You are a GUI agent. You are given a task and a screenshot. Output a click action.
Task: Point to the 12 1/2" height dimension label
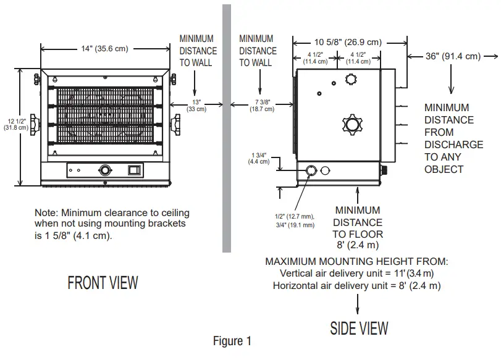click(13, 124)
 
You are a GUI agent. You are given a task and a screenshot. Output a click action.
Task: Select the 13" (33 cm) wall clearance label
click(197, 104)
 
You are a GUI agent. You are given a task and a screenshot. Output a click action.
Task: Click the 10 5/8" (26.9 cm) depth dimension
click(348, 42)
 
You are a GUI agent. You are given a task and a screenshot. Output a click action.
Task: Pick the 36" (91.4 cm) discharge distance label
click(453, 56)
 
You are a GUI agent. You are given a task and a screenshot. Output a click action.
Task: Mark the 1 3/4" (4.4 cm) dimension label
click(259, 157)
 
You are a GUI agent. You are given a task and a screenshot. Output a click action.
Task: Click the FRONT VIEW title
click(103, 283)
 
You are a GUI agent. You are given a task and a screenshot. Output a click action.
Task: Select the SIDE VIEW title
click(359, 327)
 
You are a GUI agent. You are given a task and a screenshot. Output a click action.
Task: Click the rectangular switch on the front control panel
click(134, 170)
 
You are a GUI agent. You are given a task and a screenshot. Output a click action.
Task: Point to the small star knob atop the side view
click(352, 79)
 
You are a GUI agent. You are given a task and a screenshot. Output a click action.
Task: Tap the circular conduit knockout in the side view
click(311, 170)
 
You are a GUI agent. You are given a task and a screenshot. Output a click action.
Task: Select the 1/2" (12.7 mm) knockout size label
click(295, 216)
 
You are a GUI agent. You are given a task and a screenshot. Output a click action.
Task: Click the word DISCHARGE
click(454, 144)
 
